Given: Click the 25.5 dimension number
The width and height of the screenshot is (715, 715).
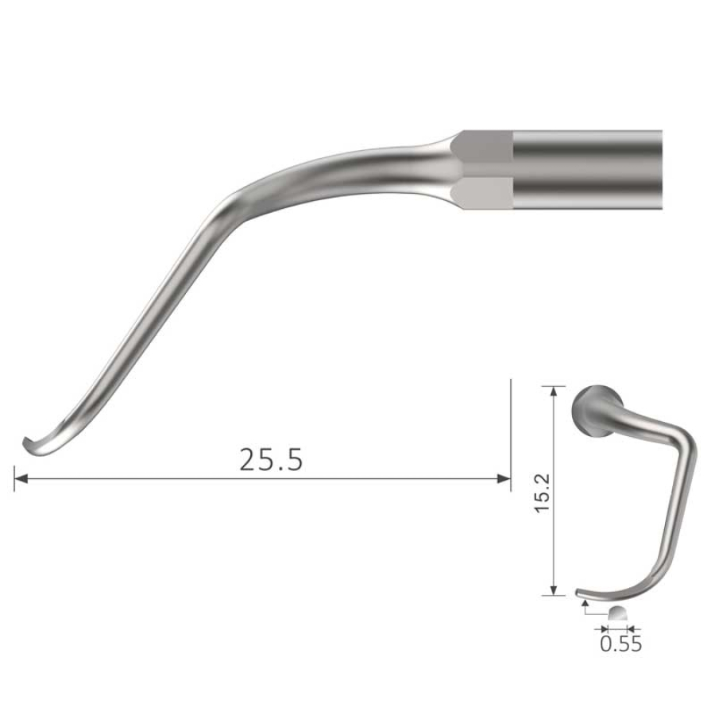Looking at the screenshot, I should [x=271, y=460].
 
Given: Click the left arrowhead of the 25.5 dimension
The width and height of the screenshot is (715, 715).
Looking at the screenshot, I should [x=19, y=478].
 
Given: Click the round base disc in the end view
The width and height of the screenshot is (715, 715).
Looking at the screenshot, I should [x=592, y=412].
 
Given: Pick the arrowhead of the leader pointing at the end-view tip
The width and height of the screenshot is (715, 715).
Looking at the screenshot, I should [x=585, y=604].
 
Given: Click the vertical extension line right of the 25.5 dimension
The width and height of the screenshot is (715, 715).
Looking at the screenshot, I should [x=509, y=433].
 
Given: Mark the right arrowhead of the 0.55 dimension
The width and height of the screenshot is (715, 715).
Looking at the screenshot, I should [x=630, y=627].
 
